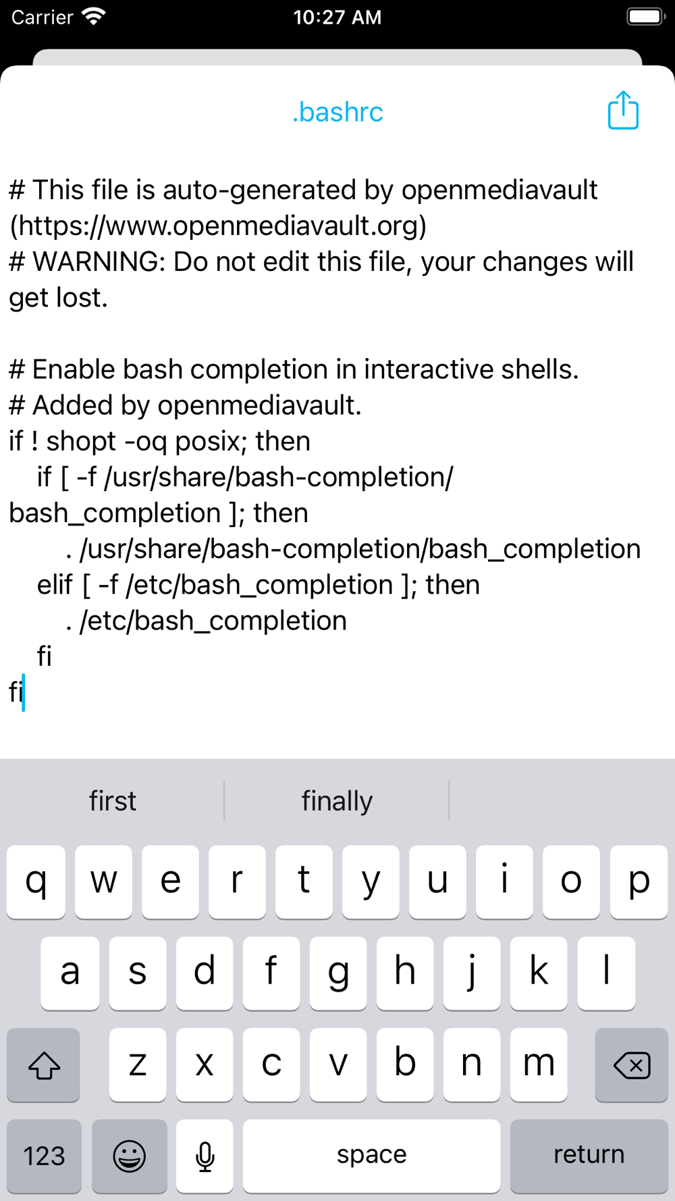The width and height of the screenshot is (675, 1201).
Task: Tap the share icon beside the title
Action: (623, 110)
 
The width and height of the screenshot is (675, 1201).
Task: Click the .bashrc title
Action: (337, 112)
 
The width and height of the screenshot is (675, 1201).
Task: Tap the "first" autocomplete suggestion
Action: (113, 801)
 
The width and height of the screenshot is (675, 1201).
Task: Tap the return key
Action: (589, 1155)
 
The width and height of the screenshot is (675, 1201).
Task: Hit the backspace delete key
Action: (631, 1065)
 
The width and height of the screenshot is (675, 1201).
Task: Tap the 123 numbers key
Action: (45, 1155)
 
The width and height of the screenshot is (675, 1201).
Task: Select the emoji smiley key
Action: (129, 1155)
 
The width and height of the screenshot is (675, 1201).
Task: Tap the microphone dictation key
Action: (205, 1155)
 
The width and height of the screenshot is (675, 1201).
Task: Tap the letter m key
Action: (539, 1065)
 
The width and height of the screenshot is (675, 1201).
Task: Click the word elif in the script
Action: (55, 585)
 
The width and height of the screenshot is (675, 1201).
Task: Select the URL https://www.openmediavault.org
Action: (219, 226)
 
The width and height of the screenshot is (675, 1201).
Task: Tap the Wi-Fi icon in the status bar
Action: (93, 16)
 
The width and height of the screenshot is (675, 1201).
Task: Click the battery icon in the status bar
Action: (646, 16)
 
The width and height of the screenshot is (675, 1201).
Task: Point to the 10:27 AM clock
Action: (337, 17)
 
